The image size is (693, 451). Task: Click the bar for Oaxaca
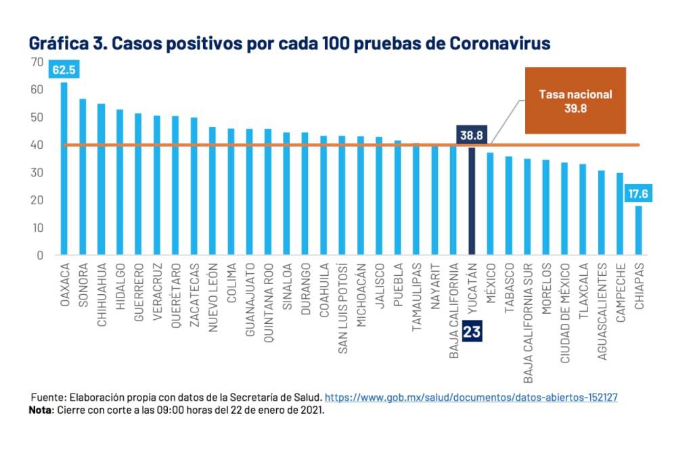coord(64,169)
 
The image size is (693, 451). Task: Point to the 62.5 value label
coord(64,70)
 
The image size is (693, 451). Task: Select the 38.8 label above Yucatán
coord(472,136)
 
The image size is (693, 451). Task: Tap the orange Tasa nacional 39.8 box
coord(575,100)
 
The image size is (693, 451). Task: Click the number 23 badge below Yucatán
coord(472,331)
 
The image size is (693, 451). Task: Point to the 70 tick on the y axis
coord(37,62)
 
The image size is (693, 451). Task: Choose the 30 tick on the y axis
coord(37,173)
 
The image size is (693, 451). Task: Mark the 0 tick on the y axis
coord(40,256)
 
